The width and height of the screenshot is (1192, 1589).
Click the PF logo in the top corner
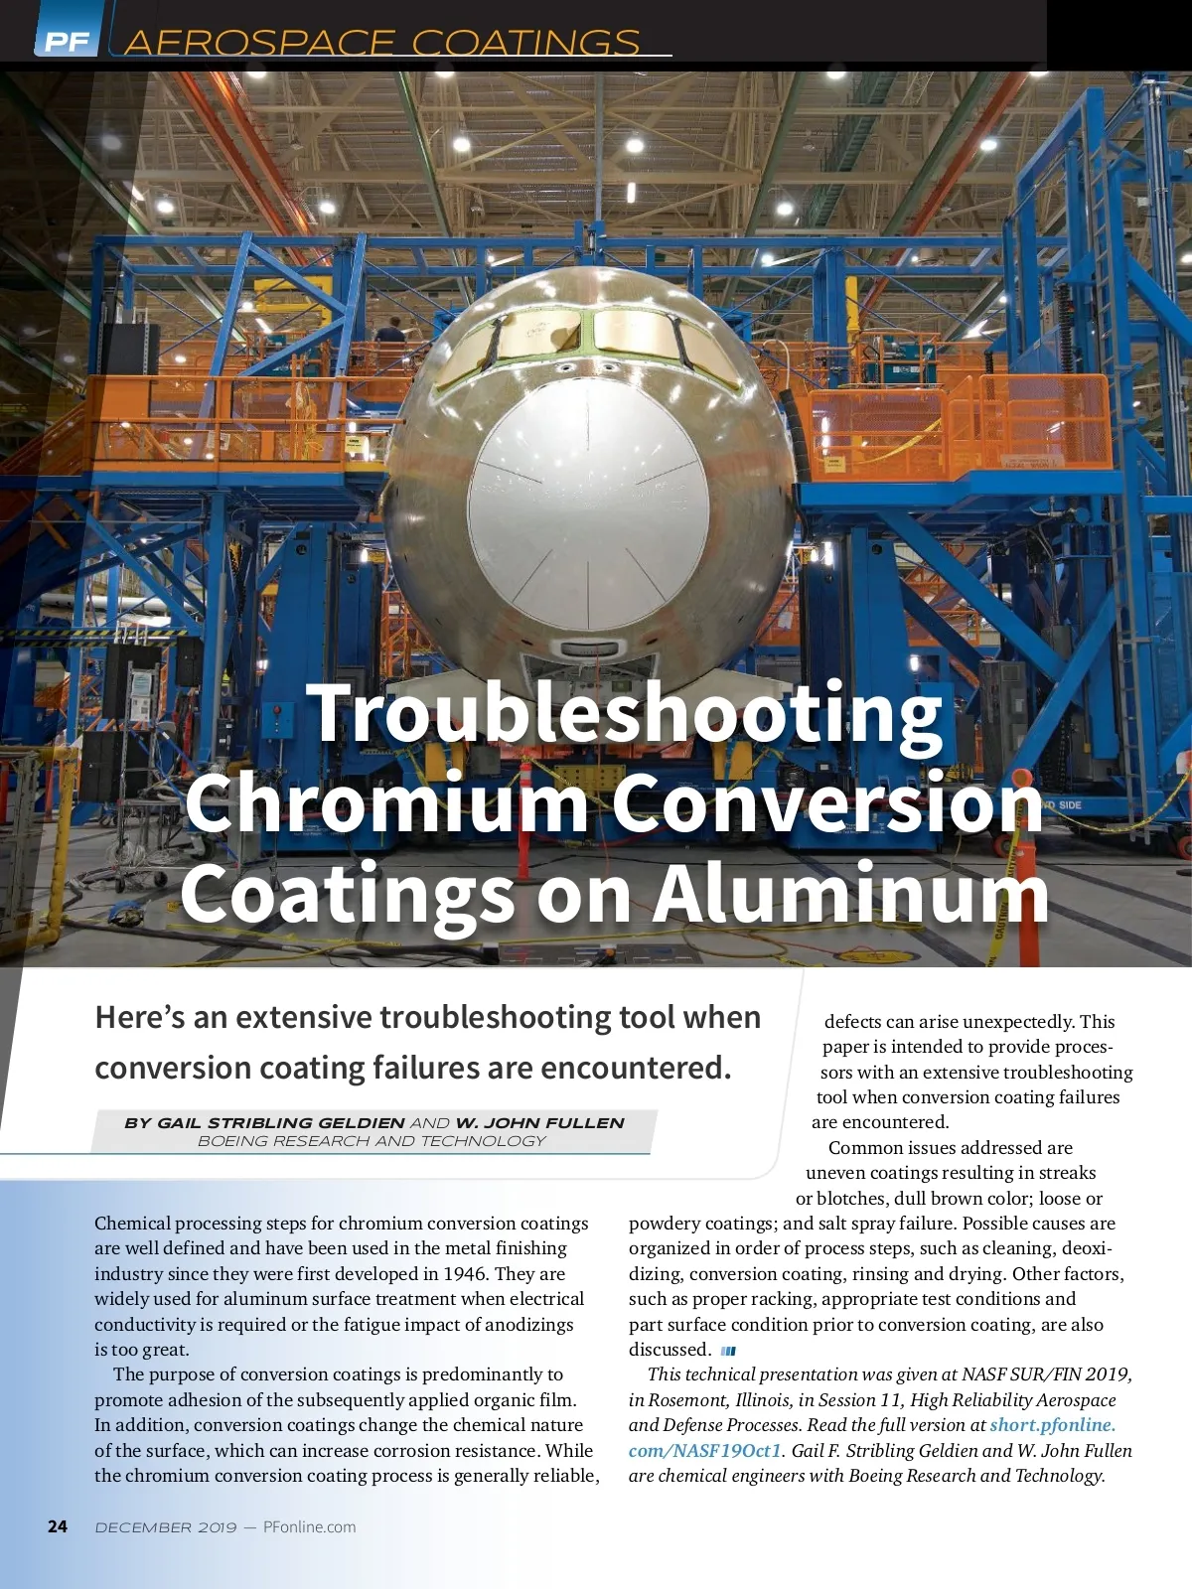(67, 41)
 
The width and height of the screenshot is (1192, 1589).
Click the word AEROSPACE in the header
(259, 43)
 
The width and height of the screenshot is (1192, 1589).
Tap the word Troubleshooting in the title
(625, 713)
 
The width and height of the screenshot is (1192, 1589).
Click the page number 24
(58, 1526)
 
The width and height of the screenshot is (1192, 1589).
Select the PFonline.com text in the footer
(309, 1526)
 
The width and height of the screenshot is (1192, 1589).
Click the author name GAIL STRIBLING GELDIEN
(264, 1123)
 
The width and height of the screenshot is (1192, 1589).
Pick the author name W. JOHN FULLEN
(539, 1123)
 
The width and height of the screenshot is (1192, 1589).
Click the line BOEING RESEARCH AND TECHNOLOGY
(372, 1141)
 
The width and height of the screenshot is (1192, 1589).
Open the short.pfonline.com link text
(1053, 1425)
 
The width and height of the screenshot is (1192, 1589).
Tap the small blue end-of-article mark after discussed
(728, 1351)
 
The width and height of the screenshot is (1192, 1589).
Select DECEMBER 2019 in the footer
(166, 1526)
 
